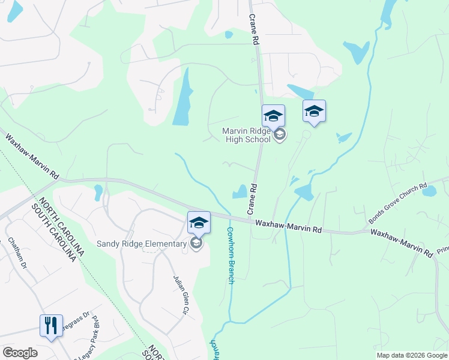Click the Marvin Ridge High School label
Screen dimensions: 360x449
click(247, 135)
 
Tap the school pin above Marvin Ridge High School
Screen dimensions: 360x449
click(273, 116)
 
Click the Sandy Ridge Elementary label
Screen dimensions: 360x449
click(142, 244)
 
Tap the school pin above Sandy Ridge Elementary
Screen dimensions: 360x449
click(199, 223)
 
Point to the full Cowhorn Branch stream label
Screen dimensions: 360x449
click(230, 255)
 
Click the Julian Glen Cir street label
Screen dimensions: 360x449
click(178, 295)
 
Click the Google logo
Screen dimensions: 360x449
click(20, 353)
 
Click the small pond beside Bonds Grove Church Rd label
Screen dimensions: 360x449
click(429, 191)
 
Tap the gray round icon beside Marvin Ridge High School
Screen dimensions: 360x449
click(279, 135)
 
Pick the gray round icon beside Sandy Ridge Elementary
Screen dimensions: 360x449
click(196, 244)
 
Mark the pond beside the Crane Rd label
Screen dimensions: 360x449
click(240, 191)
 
